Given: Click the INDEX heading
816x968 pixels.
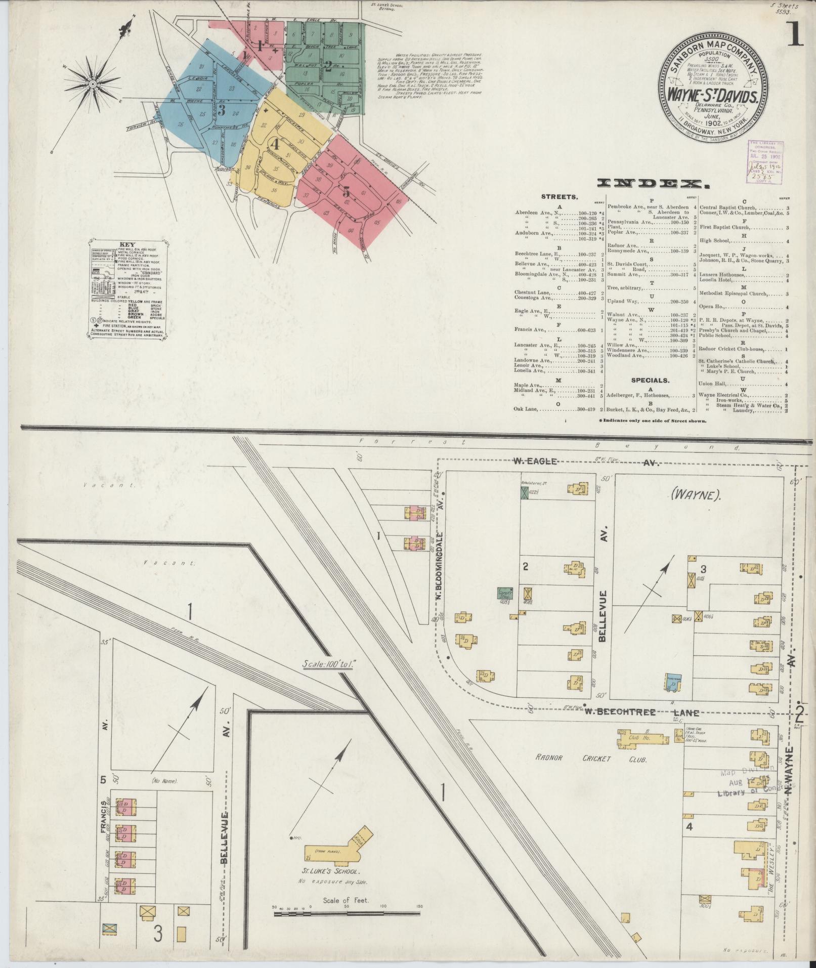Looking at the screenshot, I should pos(652,183).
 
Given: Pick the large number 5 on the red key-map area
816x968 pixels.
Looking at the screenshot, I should pos(347,192).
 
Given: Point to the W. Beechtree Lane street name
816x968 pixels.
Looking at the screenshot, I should pos(642,712).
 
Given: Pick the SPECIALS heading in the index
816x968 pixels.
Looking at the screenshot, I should pos(650,380).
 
